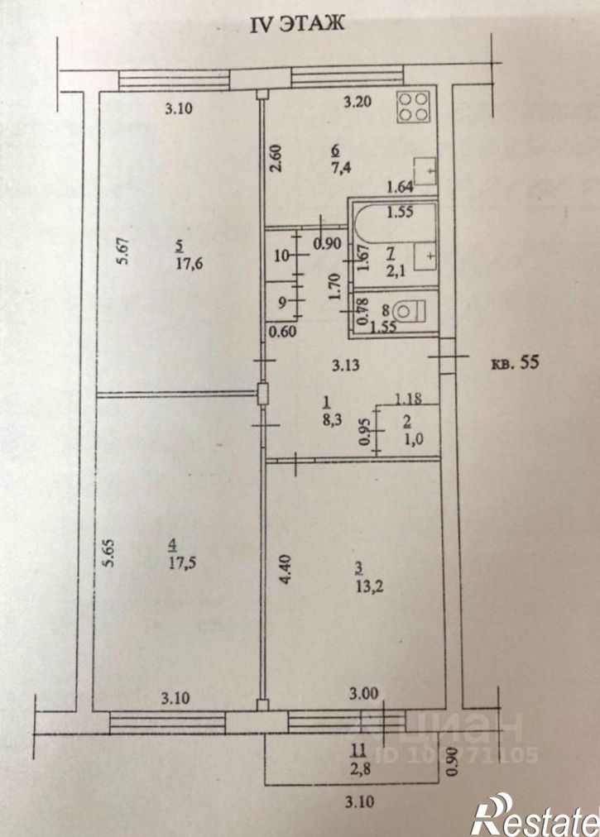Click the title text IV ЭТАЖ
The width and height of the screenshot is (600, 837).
pos(299,26)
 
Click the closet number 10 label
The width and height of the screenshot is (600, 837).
pos(282,255)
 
